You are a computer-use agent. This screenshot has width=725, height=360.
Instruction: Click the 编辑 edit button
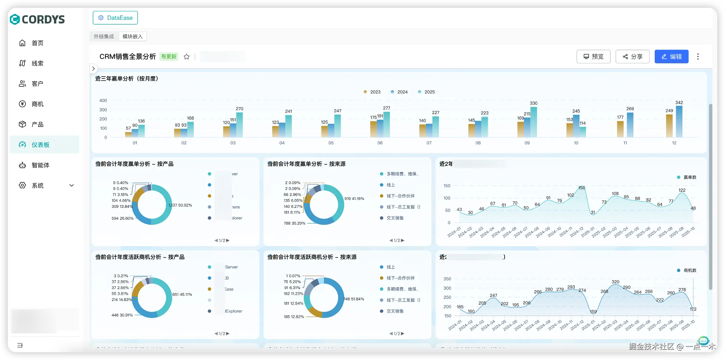[671, 57]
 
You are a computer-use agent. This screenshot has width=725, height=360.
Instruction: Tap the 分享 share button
[632, 57]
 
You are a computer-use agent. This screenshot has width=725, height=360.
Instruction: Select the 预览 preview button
[593, 57]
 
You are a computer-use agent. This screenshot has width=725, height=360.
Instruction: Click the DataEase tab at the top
[115, 18]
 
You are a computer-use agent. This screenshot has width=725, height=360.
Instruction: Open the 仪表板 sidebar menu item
[40, 145]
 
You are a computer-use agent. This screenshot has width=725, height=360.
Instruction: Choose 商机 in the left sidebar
[37, 104]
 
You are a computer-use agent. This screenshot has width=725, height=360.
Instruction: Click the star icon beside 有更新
[186, 57]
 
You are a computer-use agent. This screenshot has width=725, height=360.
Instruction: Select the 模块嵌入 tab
[132, 37]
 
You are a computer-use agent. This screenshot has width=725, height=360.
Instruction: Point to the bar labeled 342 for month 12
[679, 122]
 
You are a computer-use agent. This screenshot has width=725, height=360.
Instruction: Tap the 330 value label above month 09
[533, 103]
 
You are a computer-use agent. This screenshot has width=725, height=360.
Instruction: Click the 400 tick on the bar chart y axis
[103, 100]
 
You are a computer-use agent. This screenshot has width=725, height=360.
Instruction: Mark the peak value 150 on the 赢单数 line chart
[582, 188]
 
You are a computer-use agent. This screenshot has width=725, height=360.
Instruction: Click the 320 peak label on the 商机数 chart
[615, 282]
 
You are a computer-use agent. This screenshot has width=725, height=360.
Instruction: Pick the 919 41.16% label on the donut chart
[354, 198]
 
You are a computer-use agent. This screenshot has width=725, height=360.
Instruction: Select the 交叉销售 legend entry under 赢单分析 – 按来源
[395, 218]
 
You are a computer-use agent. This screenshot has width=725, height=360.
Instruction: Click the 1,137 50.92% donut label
[180, 205]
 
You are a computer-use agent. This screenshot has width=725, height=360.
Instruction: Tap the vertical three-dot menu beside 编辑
[698, 57]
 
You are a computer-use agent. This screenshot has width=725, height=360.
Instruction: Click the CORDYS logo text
[43, 19]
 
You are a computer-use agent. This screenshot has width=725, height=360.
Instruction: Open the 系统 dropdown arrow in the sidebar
[72, 186]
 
